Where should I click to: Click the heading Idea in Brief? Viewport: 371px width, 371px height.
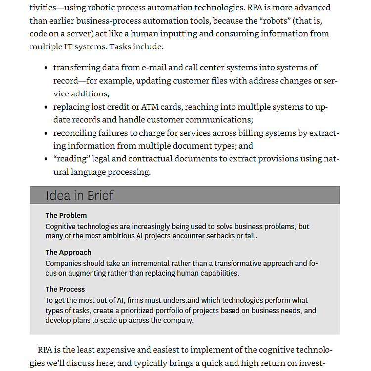(x=80, y=195)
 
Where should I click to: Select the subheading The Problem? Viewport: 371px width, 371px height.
(x=66, y=215)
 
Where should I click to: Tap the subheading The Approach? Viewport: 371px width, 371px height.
(x=68, y=252)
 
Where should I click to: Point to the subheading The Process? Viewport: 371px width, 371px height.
(x=65, y=289)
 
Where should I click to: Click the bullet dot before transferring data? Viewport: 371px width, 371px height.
(x=46, y=68)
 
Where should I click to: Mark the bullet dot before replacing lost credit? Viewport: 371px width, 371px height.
(x=46, y=107)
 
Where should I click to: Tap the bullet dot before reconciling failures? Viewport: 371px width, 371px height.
(x=46, y=133)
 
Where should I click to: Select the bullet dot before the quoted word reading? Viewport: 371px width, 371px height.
(x=46, y=159)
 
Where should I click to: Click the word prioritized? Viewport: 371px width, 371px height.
(x=137, y=311)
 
